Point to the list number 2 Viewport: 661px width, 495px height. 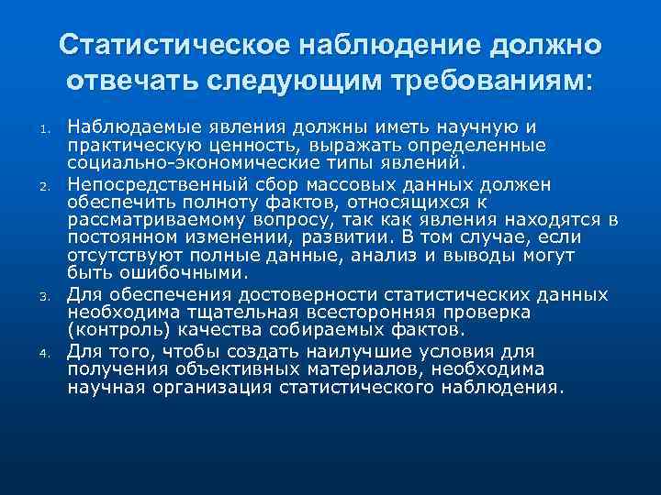pyautogui.click(x=42, y=188)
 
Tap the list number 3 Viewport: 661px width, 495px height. pyautogui.click(x=42, y=298)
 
